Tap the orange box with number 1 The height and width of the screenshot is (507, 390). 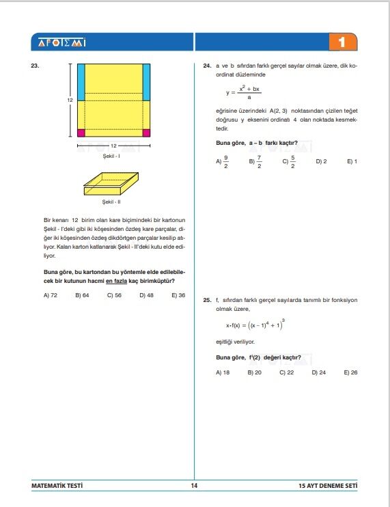click(342, 42)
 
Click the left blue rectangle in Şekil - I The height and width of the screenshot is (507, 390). click(81, 81)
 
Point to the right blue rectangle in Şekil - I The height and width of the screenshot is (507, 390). click(145, 81)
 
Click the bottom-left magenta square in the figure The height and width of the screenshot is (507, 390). click(81, 133)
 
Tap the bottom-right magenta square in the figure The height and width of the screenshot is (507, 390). click(145, 133)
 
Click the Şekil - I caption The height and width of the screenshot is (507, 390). click(110, 156)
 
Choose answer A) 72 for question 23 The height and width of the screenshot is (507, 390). click(50, 295)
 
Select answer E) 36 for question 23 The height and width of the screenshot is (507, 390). click(178, 295)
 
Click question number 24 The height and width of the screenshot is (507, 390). click(207, 67)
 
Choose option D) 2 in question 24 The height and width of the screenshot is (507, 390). click(321, 161)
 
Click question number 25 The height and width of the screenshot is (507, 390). click(207, 300)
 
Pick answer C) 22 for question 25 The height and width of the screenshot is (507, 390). click(286, 372)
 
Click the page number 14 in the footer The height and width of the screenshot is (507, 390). click(195, 486)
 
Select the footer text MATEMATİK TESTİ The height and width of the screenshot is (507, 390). click(57, 486)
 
